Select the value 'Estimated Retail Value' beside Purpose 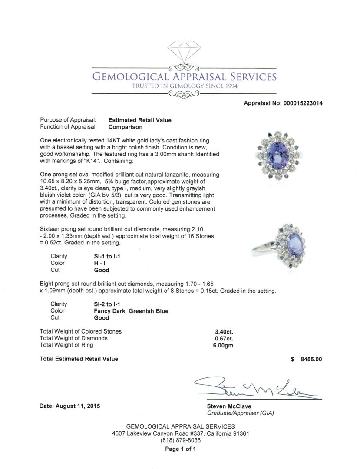pos(139,120)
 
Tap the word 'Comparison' pos(125,127)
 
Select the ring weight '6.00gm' pos(224,345)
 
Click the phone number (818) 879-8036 pos(180,440)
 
